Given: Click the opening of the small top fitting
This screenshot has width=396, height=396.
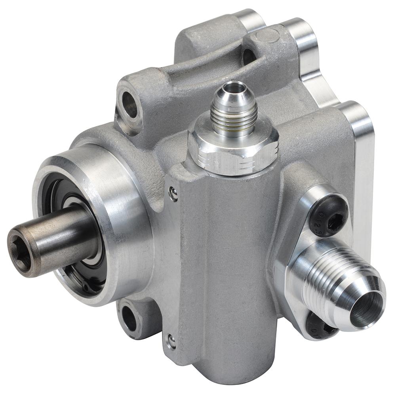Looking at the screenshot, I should pyautogui.click(x=234, y=87).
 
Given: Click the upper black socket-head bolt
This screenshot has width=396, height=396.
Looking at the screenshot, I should pyautogui.click(x=328, y=216).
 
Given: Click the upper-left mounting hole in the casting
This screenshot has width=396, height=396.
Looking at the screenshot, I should pyautogui.click(x=129, y=104).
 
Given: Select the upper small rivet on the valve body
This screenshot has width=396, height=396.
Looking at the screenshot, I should pyautogui.click(x=173, y=194).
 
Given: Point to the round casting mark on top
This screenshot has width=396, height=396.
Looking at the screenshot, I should pyautogui.click(x=267, y=35).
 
